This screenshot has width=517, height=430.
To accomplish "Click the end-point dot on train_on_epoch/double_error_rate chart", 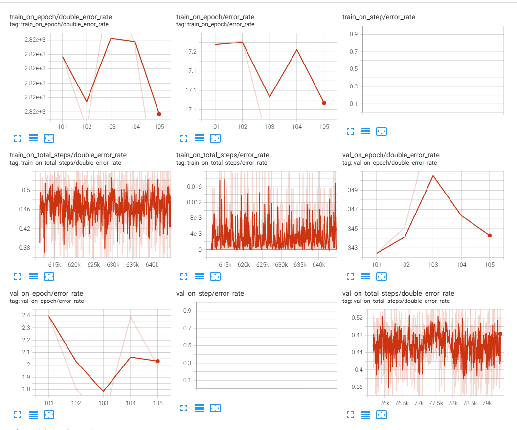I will click(x=159, y=114).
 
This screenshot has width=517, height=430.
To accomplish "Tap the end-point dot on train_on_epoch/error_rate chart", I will click(x=324, y=103).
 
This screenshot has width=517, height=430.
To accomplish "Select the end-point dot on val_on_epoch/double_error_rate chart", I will click(x=490, y=235).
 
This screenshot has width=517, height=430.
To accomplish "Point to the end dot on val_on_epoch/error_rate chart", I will click(x=157, y=361).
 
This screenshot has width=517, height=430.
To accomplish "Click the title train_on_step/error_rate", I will click(x=379, y=17).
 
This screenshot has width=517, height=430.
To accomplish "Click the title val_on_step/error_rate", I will click(x=209, y=293).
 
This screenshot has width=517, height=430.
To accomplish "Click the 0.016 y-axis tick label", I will click(x=194, y=186).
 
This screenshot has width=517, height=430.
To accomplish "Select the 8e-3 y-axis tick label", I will click(x=196, y=218).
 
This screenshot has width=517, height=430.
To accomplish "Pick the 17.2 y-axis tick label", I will click(x=191, y=52).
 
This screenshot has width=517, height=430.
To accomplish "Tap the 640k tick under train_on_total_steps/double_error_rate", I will click(x=152, y=265).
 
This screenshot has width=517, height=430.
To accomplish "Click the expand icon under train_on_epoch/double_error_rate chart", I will click(x=18, y=138).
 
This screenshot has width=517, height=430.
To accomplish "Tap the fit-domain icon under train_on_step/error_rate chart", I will click(x=382, y=131).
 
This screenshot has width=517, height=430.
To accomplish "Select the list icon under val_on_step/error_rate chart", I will click(x=200, y=408).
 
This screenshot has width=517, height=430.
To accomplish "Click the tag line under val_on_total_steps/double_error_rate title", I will click(x=396, y=301).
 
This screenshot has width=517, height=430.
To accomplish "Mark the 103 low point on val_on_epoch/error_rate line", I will click(x=103, y=391).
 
